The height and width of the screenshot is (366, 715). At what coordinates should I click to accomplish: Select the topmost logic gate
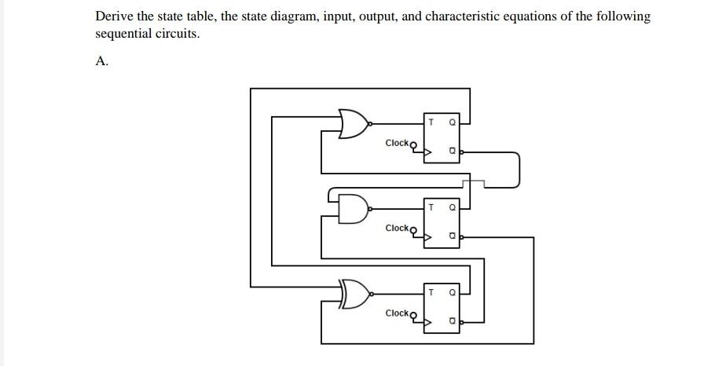354,123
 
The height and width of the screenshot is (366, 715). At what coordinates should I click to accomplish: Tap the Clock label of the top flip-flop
398,143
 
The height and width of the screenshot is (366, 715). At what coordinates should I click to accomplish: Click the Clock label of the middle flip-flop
398,228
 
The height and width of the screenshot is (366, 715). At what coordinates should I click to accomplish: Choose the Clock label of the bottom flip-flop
398,313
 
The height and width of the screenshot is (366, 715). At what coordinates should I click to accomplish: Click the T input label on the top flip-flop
431,123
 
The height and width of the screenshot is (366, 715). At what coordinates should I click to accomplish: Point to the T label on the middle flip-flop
431,207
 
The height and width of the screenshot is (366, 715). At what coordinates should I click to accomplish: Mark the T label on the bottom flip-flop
431,292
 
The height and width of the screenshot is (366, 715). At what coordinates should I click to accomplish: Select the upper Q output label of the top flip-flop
452,123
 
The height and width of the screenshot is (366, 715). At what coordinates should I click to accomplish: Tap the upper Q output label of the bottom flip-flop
452,292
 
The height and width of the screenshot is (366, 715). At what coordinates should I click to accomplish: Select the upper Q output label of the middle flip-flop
452,207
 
